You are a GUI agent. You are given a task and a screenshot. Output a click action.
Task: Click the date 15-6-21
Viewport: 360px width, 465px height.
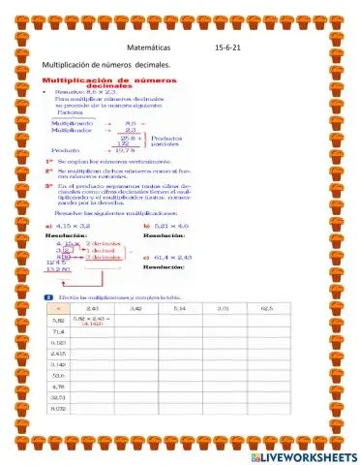(230, 46)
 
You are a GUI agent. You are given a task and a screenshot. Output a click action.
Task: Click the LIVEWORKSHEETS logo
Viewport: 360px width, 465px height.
(304, 455)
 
